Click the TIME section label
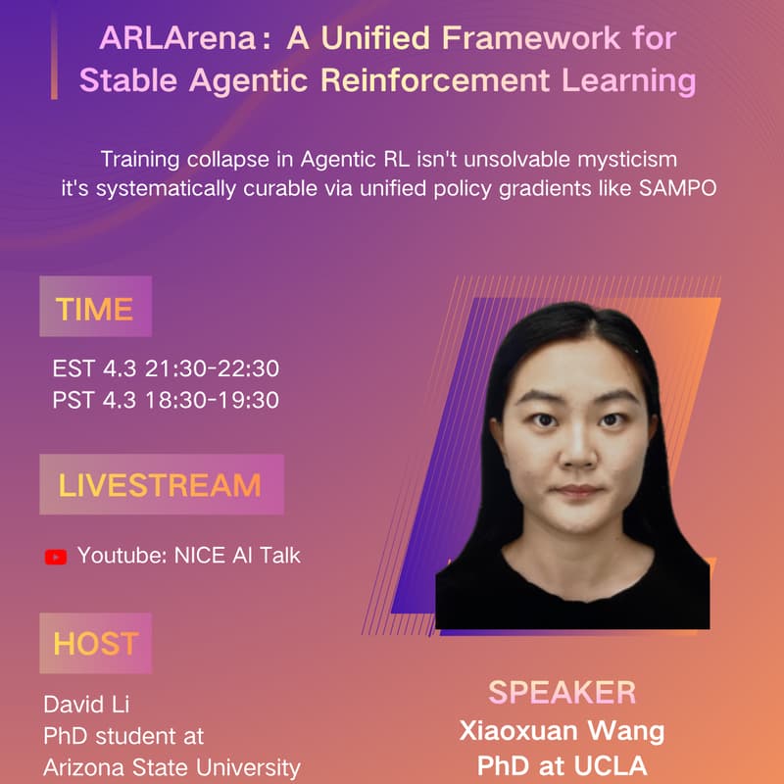(94, 309)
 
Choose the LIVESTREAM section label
(160, 485)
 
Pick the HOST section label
(95, 644)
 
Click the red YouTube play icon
(56, 557)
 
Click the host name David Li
(86, 705)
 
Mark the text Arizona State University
(171, 767)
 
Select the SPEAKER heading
(562, 692)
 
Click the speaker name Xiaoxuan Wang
(563, 730)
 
